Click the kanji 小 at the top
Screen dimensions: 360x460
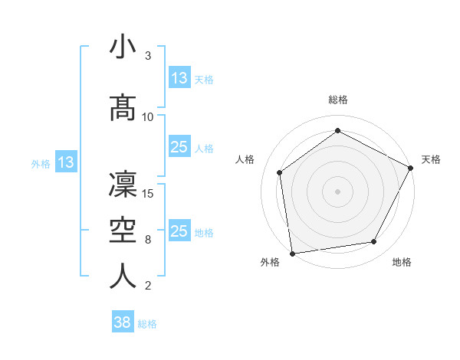[x=123, y=47]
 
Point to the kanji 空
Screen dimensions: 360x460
[x=123, y=229]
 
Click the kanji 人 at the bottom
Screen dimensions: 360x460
[x=123, y=275]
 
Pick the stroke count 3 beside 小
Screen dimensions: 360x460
[x=148, y=56]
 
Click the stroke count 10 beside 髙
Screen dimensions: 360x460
[x=148, y=116]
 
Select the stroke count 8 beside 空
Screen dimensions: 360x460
[x=148, y=240]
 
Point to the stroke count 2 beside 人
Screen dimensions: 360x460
[x=148, y=286]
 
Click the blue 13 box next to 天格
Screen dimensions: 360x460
[x=179, y=78]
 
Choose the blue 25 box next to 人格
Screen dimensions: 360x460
[x=179, y=148]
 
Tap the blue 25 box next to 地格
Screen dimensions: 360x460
[x=179, y=231]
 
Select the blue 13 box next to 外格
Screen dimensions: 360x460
[x=65, y=162]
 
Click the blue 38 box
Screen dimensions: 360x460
[x=123, y=322]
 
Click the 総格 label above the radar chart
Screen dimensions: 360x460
[x=337, y=100]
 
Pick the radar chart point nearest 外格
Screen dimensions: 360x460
[x=292, y=253]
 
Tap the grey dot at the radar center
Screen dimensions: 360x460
[x=337, y=191]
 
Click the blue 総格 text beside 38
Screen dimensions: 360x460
[x=148, y=324]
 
